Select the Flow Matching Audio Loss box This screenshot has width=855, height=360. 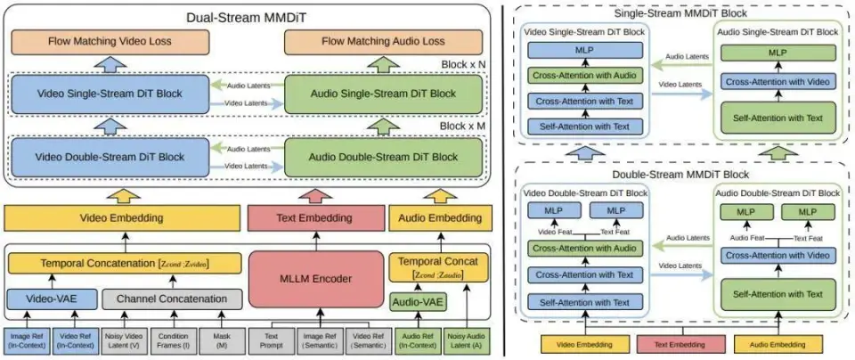382,41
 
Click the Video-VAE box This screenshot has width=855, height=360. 51,299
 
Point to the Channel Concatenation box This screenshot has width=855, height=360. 171,299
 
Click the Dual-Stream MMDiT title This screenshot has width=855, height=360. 248,15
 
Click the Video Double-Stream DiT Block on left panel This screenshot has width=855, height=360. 110,157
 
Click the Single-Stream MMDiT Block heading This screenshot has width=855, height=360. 681,12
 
